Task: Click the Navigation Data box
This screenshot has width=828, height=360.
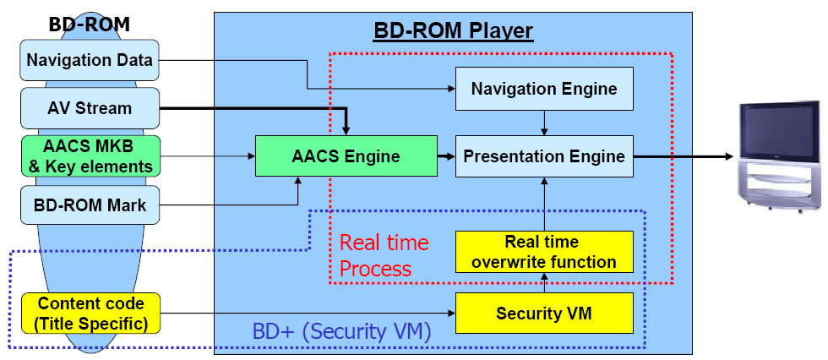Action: (x=90, y=60)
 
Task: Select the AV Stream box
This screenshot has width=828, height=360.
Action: (x=90, y=108)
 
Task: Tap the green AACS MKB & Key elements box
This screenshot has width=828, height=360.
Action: (x=90, y=155)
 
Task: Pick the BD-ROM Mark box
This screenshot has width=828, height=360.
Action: (x=90, y=205)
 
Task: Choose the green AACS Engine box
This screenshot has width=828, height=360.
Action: (x=346, y=155)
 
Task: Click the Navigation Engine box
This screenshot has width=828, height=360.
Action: (x=544, y=88)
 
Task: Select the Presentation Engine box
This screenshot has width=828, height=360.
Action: (x=544, y=155)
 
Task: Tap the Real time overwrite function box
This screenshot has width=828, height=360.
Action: (x=544, y=252)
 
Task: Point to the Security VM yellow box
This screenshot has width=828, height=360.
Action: (x=544, y=313)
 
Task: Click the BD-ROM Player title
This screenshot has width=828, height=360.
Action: (x=453, y=31)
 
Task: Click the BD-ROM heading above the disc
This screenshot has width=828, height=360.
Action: (x=90, y=25)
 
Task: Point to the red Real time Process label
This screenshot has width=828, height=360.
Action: (x=384, y=255)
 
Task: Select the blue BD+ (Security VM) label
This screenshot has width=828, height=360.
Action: (x=342, y=331)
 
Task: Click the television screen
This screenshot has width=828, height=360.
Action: (x=779, y=128)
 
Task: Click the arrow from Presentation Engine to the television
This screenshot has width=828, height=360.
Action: (x=684, y=156)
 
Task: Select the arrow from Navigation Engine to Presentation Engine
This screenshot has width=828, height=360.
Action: (x=544, y=123)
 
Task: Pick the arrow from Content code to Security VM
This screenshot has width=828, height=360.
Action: (x=308, y=313)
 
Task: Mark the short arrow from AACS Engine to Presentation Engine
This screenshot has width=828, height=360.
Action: (x=446, y=156)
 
